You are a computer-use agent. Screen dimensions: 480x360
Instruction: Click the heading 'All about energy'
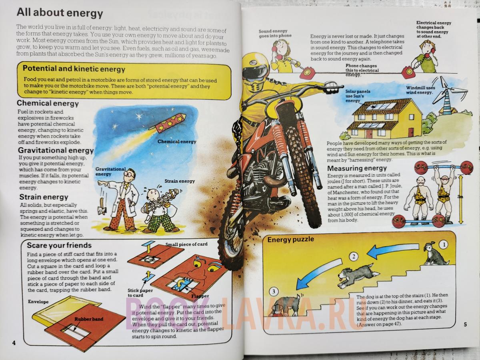click(x=60, y=13)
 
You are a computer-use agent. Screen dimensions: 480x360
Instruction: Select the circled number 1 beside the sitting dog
click(x=444, y=245)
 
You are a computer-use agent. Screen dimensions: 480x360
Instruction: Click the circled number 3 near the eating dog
click(x=274, y=291)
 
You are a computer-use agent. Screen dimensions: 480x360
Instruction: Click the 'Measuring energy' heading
click(x=357, y=168)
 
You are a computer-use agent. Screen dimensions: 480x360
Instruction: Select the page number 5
click(x=465, y=324)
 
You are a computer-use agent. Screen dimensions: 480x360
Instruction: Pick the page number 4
click(x=14, y=343)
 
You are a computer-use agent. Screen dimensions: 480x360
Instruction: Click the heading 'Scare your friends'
click(x=59, y=246)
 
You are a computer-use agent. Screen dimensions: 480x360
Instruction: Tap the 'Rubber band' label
click(x=89, y=319)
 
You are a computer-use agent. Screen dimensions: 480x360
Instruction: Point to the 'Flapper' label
click(x=200, y=296)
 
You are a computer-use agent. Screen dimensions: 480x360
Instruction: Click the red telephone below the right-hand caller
click(x=408, y=72)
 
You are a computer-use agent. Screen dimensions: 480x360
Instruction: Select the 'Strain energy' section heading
click(x=44, y=197)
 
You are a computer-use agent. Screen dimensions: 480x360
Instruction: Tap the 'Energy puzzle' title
click(x=291, y=240)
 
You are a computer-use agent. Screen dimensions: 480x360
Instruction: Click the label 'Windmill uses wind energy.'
click(x=420, y=90)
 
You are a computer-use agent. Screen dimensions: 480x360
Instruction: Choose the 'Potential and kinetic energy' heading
click(x=74, y=69)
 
